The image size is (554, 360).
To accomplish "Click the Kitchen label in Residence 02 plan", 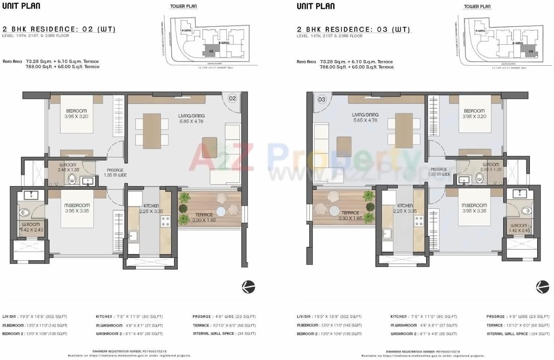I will click(151, 206).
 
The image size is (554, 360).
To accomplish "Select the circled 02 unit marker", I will click(232, 98).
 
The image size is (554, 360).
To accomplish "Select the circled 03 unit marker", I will click(322, 99).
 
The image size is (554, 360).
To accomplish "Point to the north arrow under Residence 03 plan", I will click(542, 286).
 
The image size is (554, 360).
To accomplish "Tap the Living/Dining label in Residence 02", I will click(191, 116).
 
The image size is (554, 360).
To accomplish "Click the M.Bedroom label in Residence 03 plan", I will click(474, 205).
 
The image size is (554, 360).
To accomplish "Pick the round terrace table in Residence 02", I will click(220, 211).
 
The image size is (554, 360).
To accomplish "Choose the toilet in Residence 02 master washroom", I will click(25, 213).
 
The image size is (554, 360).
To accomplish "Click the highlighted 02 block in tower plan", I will click(211, 50).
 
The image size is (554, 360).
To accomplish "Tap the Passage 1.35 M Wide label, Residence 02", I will click(115, 173).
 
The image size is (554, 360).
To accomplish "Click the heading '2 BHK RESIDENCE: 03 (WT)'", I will click(353, 29).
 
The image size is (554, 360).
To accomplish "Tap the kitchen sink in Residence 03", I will click(387, 233).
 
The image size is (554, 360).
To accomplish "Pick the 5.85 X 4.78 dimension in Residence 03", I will click(365, 121).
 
